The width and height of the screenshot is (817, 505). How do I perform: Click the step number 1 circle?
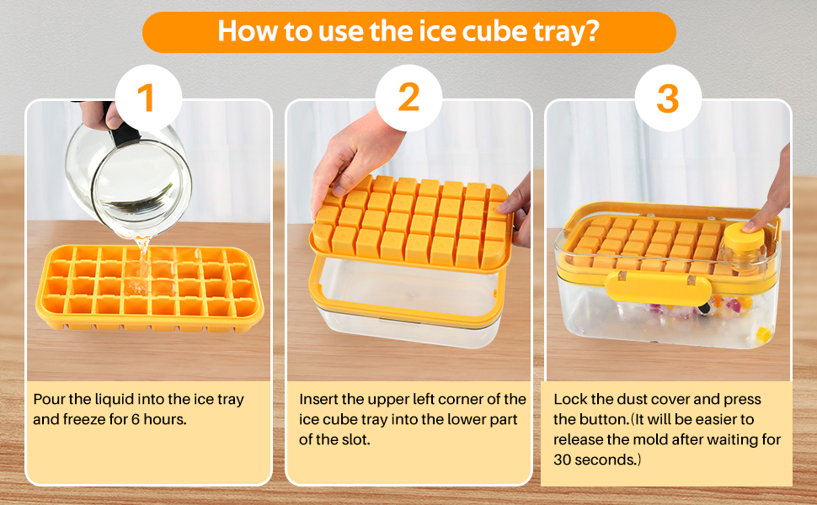(x=147, y=98)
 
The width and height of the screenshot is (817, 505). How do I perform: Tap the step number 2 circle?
(x=408, y=98)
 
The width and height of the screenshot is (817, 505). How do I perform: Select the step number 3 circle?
(x=667, y=98)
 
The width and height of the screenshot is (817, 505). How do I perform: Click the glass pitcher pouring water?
(x=139, y=173)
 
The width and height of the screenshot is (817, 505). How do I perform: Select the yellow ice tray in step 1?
(x=147, y=290)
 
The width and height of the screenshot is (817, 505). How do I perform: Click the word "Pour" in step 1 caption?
(x=50, y=399)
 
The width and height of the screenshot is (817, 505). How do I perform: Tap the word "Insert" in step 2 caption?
(x=320, y=399)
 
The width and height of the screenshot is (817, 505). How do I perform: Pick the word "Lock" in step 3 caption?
(x=569, y=399)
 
